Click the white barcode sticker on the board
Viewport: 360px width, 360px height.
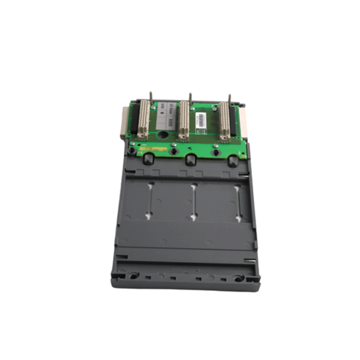206,116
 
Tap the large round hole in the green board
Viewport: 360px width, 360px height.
163,144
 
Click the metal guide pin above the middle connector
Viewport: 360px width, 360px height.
190,97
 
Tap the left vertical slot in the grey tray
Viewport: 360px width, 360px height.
148,201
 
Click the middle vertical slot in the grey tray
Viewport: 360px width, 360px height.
193,201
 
